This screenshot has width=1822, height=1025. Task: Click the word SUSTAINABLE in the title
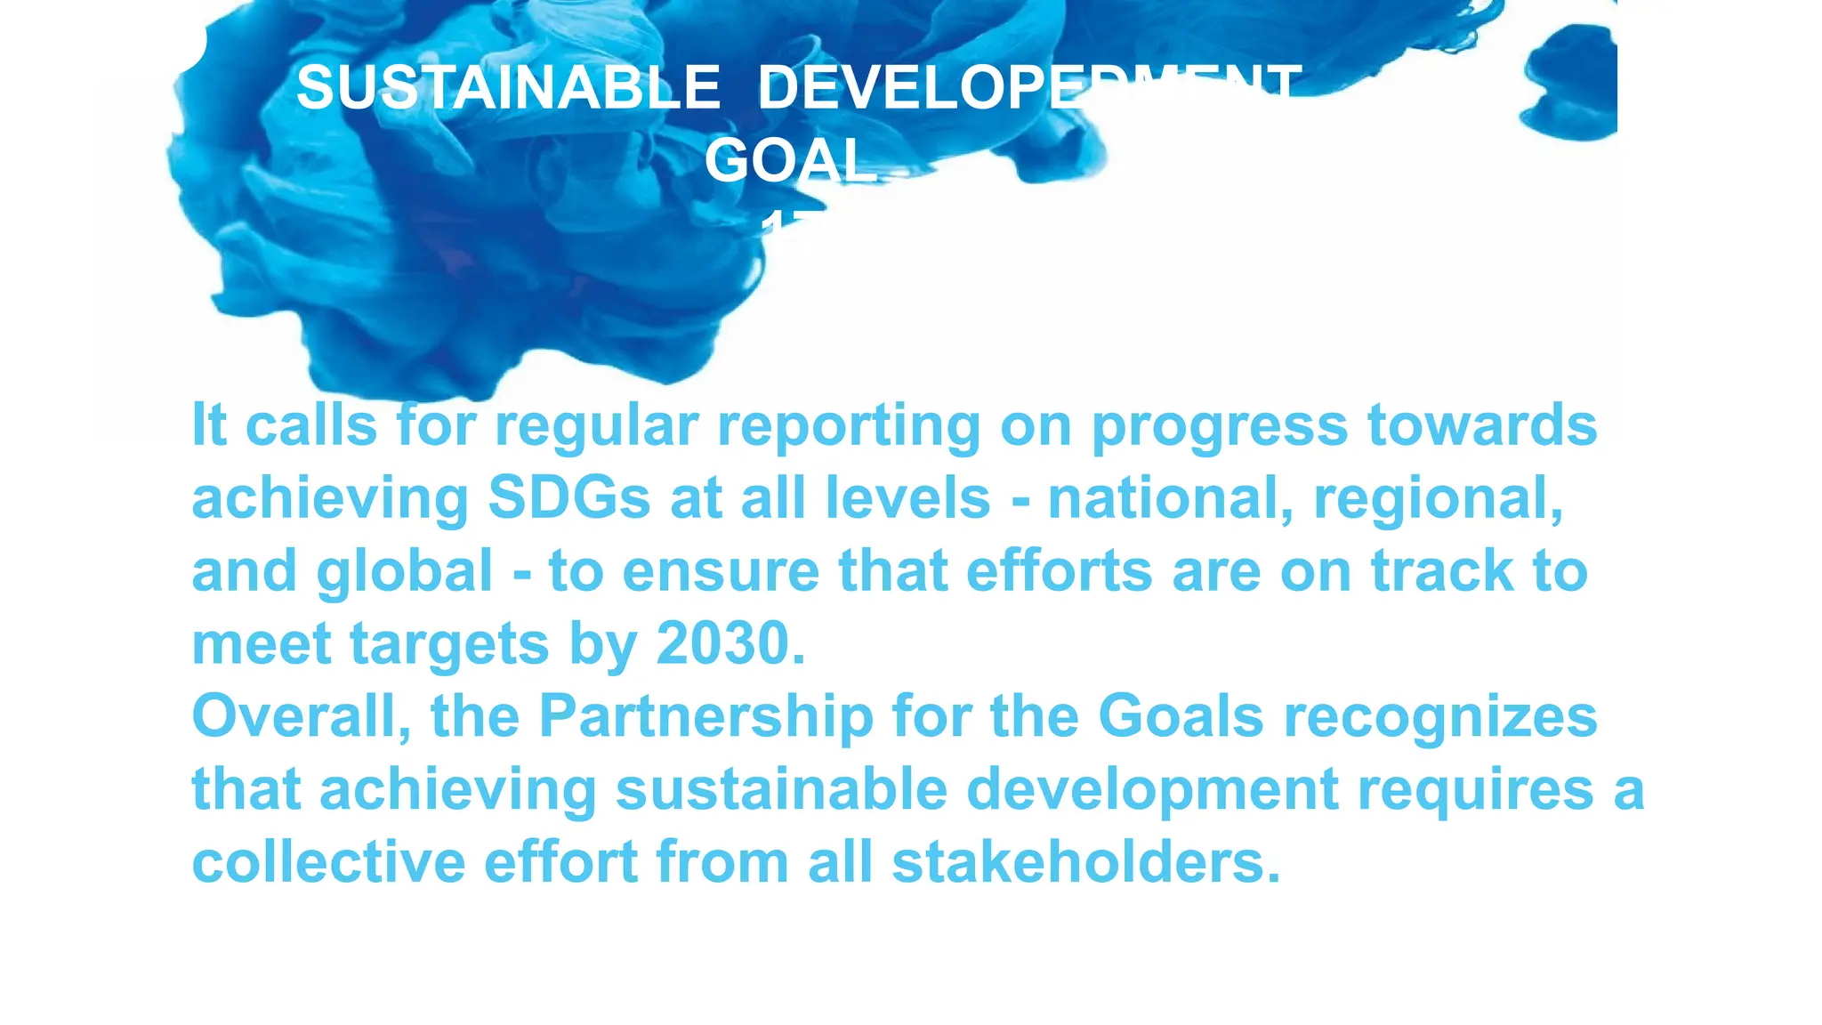pyautogui.click(x=508, y=88)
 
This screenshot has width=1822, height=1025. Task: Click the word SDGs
pyautogui.click(x=569, y=497)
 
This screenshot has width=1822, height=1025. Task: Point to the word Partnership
pyautogui.click(x=706, y=716)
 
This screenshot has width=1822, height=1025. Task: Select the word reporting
pyautogui.click(x=849, y=425)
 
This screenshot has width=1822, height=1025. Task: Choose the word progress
pyautogui.click(x=1219, y=425)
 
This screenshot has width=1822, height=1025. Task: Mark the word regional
pyautogui.click(x=1438, y=497)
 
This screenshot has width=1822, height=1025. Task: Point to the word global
pyautogui.click(x=404, y=571)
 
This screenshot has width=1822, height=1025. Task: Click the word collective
pyautogui.click(x=328, y=862)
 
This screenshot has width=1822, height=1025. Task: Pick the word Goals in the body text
pyautogui.click(x=1181, y=716)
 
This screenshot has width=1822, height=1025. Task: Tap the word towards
pyautogui.click(x=1482, y=425)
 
